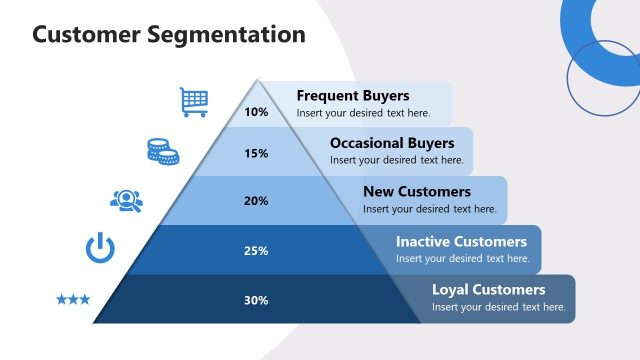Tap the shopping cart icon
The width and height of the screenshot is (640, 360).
click(194, 101)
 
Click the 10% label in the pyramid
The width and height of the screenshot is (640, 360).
click(256, 112)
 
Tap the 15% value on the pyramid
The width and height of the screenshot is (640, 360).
click(256, 154)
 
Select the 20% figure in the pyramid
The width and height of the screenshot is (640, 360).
click(256, 201)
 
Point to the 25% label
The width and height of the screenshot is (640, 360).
click(256, 251)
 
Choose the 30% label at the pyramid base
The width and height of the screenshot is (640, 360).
click(256, 300)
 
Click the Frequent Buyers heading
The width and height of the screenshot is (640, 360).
click(353, 96)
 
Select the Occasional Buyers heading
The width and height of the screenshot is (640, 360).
click(392, 143)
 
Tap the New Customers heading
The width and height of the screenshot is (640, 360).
click(417, 191)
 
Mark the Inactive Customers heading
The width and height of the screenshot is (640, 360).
click(461, 241)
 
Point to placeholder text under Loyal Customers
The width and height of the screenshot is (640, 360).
click(499, 307)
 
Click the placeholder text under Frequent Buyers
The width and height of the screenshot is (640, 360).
click(363, 113)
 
